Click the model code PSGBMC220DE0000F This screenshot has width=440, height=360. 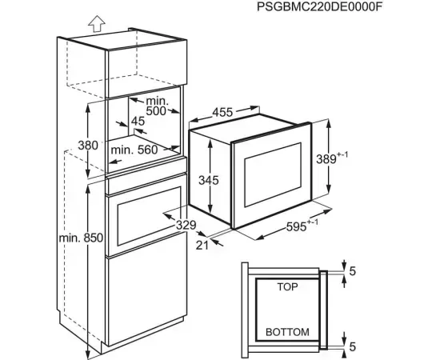coord(320,6)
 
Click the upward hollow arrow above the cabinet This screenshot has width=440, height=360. coord(97,23)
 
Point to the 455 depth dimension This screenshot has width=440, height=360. coord(222,112)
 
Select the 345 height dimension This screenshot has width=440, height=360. coord(209,180)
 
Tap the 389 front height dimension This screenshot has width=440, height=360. coord(326,159)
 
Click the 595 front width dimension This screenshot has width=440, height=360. coord(297,226)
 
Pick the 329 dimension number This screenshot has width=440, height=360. coord(186,225)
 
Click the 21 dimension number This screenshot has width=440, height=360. coord(202,246)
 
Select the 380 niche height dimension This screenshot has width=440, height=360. coord(88,146)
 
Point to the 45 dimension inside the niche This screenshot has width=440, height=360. coord(138,121)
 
